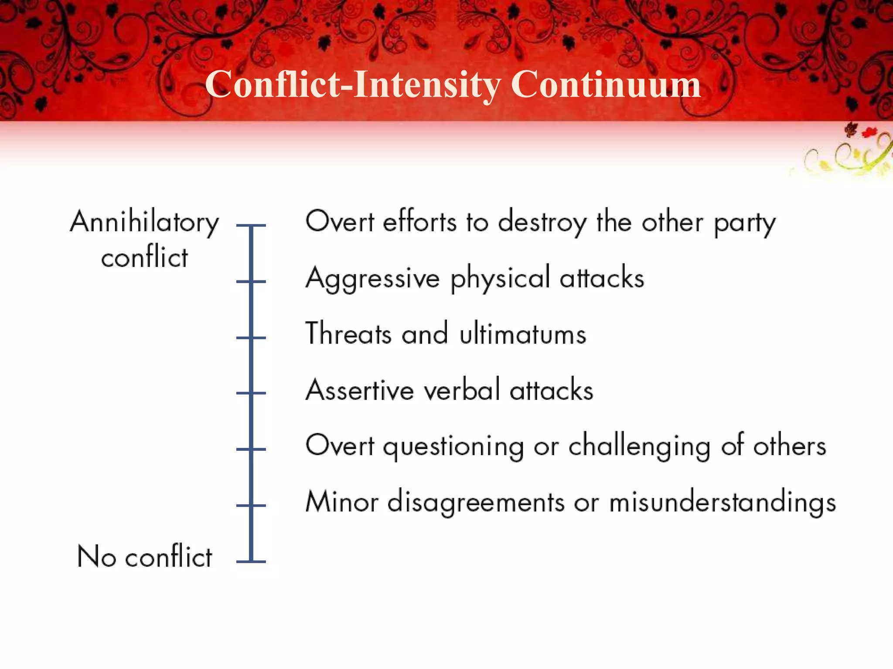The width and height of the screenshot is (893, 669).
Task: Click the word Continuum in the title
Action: point(606,84)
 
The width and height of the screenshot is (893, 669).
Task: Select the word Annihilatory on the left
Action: point(144,222)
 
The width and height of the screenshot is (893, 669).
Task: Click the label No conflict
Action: point(144,557)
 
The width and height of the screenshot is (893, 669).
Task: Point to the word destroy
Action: point(542,222)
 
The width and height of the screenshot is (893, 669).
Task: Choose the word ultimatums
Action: point(523,334)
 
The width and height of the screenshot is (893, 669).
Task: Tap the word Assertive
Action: point(360,390)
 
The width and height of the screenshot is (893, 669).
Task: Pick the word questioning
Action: point(453,447)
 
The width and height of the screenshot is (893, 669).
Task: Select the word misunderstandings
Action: point(723,503)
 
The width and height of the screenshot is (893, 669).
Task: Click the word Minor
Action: point(342,502)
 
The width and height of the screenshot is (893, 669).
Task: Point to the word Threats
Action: point(348,334)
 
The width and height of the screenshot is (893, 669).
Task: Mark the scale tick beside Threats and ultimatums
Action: point(251,338)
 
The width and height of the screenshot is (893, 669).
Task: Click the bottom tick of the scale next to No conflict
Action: point(251,561)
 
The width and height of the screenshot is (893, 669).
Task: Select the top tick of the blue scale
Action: point(251,226)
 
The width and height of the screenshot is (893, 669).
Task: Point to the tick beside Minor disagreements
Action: point(251,505)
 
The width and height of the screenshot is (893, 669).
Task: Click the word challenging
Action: point(639,447)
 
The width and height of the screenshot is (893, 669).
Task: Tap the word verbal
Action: point(462,390)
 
